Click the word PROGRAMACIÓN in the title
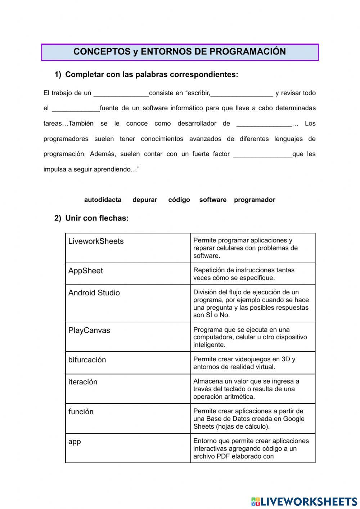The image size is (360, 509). [x=247, y=52]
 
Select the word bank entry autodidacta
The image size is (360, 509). [x=103, y=200]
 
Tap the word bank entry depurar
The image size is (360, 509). [x=145, y=200]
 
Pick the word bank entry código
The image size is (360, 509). [x=179, y=200]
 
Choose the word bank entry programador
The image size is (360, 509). [x=255, y=200]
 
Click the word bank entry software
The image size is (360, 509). [x=213, y=200]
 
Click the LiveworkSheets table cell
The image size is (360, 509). [x=128, y=248]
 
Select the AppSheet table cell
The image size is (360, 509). [x=128, y=274]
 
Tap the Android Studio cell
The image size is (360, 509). [x=128, y=303]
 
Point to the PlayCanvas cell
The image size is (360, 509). [x=128, y=337]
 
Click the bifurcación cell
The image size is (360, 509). [x=128, y=363]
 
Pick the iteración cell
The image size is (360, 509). [x=128, y=389]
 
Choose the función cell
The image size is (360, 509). [x=128, y=418]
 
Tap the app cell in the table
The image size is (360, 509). [x=128, y=448]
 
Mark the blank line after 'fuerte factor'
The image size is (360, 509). [x=263, y=155]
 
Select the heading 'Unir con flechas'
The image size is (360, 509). [x=96, y=218]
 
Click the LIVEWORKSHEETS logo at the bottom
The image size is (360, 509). [x=304, y=501]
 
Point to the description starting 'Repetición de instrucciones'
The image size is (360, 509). [x=253, y=274]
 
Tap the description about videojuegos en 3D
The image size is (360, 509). [x=253, y=363]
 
